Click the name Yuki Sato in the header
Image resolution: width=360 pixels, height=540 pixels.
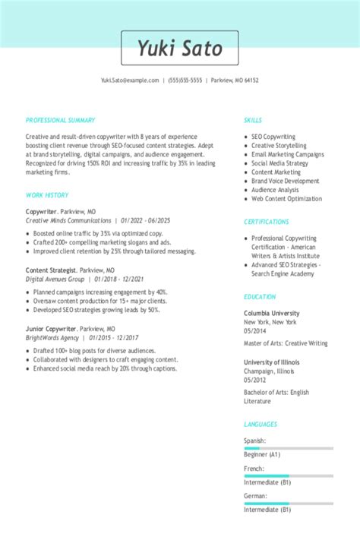pyautogui.click(x=180, y=48)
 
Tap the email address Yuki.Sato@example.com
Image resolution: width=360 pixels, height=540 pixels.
pyautogui.click(x=130, y=80)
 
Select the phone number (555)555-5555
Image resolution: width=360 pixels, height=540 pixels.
pyautogui.click(x=185, y=80)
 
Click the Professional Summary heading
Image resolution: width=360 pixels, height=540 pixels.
pyautogui.click(x=60, y=120)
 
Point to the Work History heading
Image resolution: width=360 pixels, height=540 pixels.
pyautogui.click(x=47, y=195)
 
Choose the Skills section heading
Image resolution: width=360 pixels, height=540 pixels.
pyautogui.click(x=253, y=120)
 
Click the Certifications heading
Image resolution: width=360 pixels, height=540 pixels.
pyautogui.click(x=266, y=222)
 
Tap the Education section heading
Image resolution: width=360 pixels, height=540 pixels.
pyautogui.click(x=260, y=297)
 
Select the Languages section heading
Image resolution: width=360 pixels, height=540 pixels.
pyautogui.click(x=261, y=424)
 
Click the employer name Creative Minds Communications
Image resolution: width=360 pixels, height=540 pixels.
pyautogui.click(x=68, y=220)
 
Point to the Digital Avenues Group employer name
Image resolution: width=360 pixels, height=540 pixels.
pyautogui.click(x=55, y=279)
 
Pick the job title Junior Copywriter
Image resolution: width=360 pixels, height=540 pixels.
pyautogui.click(x=51, y=328)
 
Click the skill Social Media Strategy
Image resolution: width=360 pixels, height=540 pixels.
pyautogui.click(x=280, y=163)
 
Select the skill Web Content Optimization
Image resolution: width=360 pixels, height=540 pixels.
pyautogui.click(x=287, y=199)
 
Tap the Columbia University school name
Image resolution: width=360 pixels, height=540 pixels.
pyautogui.click(x=271, y=313)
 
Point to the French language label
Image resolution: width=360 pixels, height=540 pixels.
pyautogui.click(x=254, y=469)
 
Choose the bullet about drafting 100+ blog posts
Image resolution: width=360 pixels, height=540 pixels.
pyautogui.click(x=95, y=350)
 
